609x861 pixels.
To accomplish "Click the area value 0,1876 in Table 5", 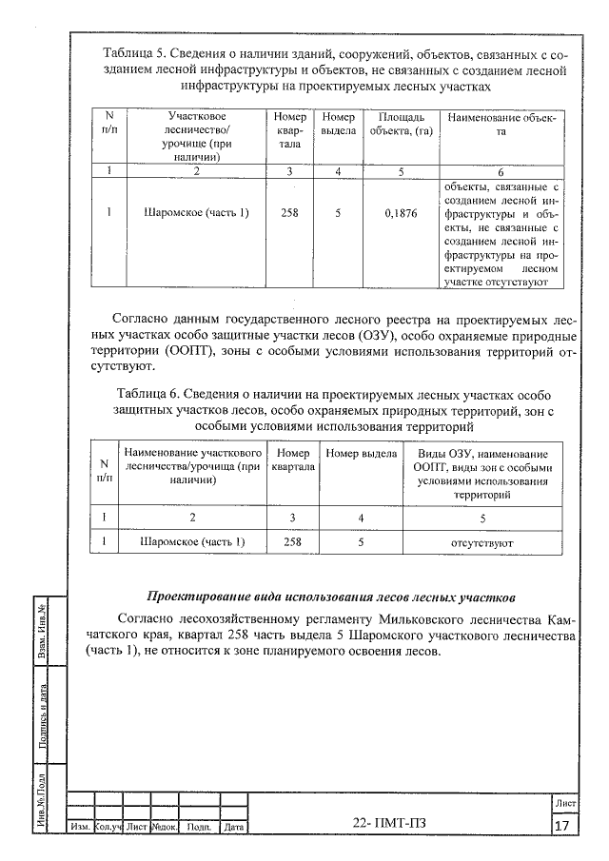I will coord(401,213).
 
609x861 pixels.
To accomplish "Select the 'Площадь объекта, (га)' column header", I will coord(401,124).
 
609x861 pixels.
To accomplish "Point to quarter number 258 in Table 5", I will coord(289,213).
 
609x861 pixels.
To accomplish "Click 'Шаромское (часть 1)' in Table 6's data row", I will coord(192,542).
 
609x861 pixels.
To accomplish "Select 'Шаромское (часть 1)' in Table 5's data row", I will coord(196,213).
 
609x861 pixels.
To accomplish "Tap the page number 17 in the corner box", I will coord(562,825).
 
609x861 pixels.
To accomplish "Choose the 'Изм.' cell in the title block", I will coord(80,828).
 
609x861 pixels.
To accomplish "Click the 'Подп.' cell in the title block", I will coord(199,828).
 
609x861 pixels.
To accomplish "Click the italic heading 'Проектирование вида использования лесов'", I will coord(331,597).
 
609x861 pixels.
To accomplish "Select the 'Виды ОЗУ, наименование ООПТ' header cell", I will coord(482,474).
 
